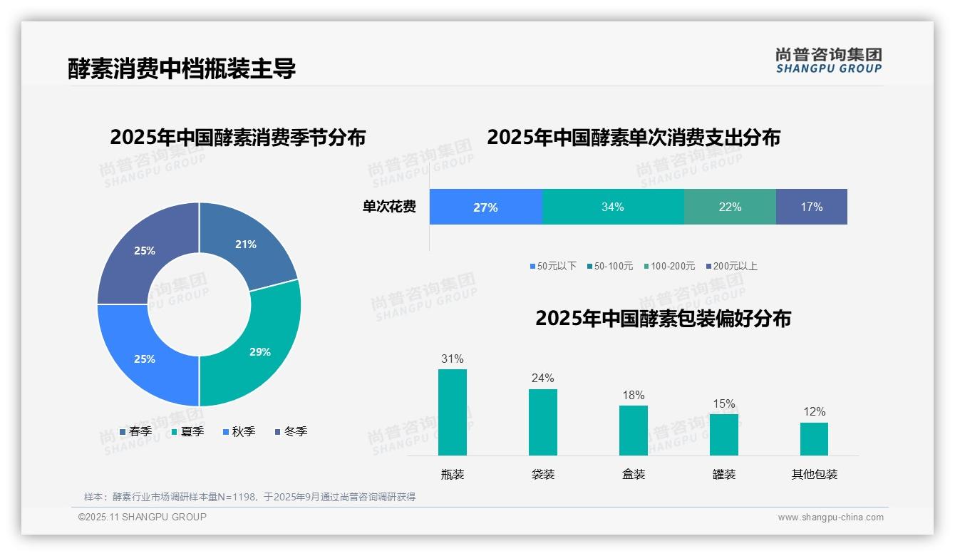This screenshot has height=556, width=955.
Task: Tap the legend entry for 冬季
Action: point(291,431)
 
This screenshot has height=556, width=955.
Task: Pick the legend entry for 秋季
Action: point(239,431)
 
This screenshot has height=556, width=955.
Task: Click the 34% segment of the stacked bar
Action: point(613,207)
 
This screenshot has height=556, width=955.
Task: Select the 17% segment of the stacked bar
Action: point(811,207)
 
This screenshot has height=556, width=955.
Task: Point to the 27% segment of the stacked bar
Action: point(485,207)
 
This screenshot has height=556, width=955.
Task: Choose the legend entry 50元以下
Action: point(553,266)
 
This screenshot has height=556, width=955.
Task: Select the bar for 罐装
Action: point(723,434)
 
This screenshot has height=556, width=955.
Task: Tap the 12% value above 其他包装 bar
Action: point(814,412)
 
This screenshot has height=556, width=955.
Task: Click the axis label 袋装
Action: point(543,474)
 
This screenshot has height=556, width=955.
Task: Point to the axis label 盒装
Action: point(634,474)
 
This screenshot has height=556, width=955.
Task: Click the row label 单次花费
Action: point(389,207)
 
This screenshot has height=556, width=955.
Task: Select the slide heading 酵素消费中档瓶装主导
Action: point(182,68)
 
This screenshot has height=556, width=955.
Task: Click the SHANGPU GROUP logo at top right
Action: point(828,61)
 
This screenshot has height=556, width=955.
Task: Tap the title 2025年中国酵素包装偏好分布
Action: point(663,318)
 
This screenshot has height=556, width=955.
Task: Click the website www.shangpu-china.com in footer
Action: point(830,518)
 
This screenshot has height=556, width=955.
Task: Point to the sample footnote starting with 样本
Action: point(249,497)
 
